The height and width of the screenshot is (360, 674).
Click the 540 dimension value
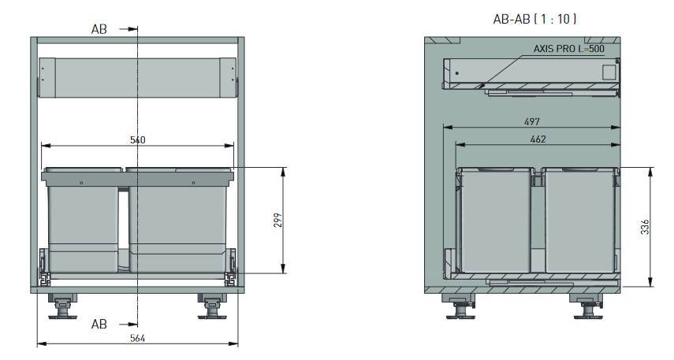(137, 140)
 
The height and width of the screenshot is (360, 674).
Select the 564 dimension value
(137, 338)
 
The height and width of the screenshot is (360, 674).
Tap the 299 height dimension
(278, 220)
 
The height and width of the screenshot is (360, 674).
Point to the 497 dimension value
(532, 121)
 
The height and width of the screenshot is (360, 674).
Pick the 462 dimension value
(538, 139)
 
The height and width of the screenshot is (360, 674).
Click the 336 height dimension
(645, 227)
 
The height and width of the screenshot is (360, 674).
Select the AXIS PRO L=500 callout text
(568, 49)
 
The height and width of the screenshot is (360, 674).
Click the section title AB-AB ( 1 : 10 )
(534, 19)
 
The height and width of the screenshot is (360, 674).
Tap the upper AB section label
(99, 29)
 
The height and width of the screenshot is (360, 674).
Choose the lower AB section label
(99, 324)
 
